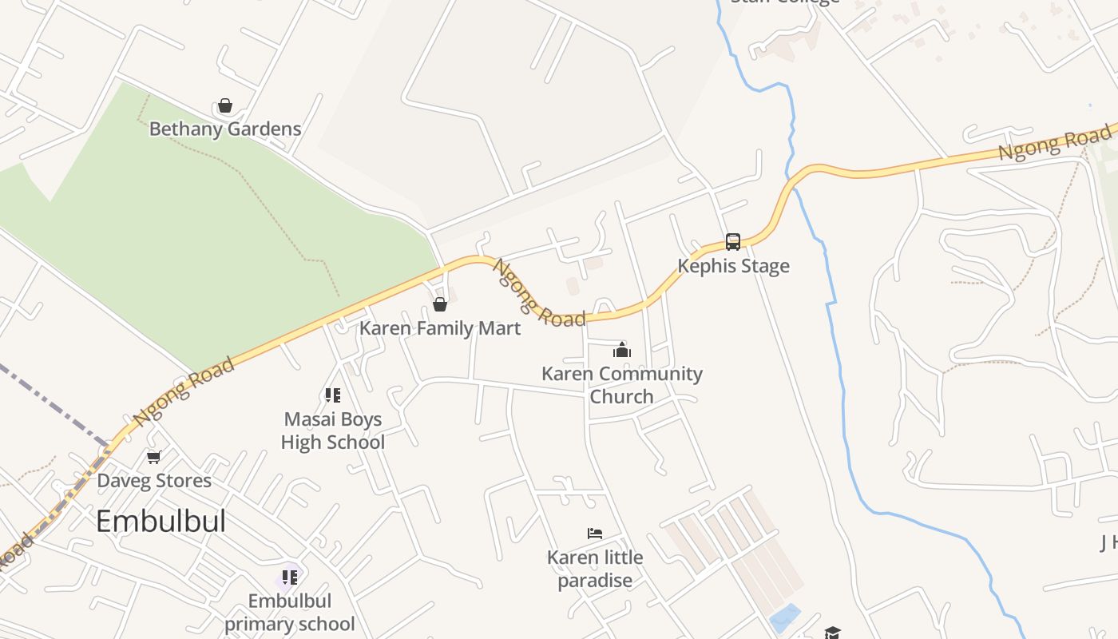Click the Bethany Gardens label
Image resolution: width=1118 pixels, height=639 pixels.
tap(225, 129)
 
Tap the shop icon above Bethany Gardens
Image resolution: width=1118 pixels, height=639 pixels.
tap(225, 106)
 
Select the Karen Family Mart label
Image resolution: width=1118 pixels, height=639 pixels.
tap(440, 328)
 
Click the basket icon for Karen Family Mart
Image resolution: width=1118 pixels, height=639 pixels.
tap(439, 304)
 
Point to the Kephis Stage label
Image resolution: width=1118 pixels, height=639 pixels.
tap(733, 266)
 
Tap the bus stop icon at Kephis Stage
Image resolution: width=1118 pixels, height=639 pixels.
tap(732, 241)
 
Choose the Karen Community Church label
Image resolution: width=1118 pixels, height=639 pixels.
tap(622, 385)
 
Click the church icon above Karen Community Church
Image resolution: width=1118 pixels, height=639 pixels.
tap(622, 350)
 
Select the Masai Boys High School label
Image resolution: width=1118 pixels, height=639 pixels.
tap(333, 431)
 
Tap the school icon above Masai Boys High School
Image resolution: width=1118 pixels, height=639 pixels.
tap(333, 395)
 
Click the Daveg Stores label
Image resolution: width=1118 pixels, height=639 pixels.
tap(154, 481)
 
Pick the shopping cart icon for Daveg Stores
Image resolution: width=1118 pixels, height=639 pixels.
tap(154, 457)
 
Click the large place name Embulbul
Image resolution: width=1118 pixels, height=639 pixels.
tap(161, 522)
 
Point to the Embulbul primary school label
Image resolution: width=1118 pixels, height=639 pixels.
tap(289, 612)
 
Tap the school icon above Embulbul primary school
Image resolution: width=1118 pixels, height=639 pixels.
tap(289, 577)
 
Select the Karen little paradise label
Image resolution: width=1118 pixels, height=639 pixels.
tap(595, 569)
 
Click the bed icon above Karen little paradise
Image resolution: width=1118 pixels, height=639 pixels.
tap(595, 534)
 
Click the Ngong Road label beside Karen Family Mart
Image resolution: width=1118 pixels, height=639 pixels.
tap(538, 294)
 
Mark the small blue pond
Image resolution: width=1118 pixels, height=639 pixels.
tap(786, 617)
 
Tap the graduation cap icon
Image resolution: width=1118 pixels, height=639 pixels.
tap(833, 633)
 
